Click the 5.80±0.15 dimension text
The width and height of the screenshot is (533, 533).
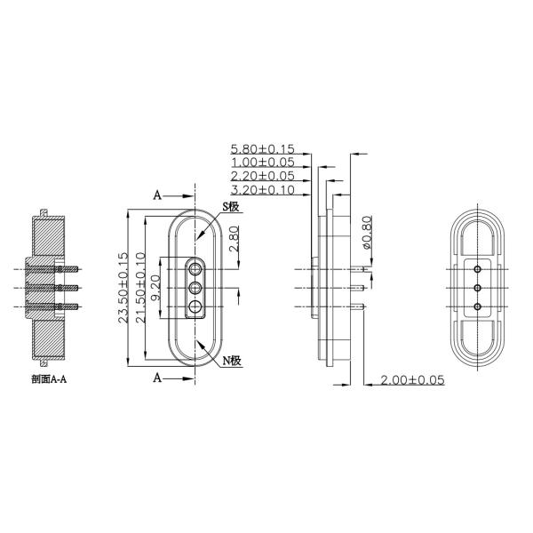(262, 148)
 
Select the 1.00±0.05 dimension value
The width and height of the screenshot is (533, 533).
(262, 163)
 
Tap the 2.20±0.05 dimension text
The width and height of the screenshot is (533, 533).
(262, 177)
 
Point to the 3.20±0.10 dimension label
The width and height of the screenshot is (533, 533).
(262, 190)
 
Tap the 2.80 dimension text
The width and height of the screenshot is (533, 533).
(234, 239)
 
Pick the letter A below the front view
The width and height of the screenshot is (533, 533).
(157, 378)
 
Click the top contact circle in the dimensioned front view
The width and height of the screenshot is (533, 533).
(195, 266)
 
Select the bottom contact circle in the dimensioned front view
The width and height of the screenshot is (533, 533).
(195, 307)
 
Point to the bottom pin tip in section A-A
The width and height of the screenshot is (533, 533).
(81, 306)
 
